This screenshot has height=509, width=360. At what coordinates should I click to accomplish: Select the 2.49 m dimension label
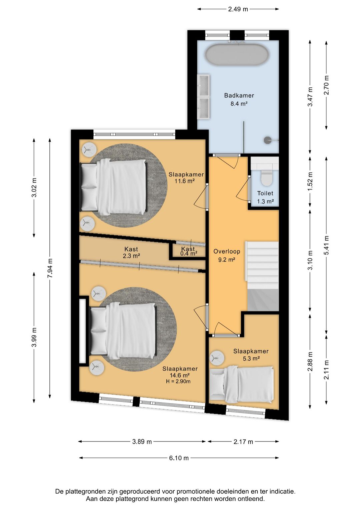pyautogui.click(x=238, y=9)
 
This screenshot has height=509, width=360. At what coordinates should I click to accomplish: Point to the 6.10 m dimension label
pyautogui.click(x=179, y=458)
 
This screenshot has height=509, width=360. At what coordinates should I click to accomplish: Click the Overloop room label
pyautogui.click(x=227, y=251)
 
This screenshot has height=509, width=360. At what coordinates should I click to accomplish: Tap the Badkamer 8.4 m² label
pyautogui.click(x=239, y=99)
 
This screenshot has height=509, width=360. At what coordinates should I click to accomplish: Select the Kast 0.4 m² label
pyautogui.click(x=189, y=251)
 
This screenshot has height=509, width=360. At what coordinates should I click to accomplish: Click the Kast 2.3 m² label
pyautogui.click(x=131, y=252)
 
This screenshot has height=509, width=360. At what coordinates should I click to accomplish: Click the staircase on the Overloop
pyautogui.click(x=262, y=276)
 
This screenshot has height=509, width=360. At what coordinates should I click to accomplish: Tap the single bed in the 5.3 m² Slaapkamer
pyautogui.click(x=242, y=385)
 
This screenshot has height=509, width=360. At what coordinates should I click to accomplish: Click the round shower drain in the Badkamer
pyautogui.click(x=268, y=140)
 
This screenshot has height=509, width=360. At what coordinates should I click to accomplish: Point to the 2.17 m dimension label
pyautogui.click(x=243, y=442)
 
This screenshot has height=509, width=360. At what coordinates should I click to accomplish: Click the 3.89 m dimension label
pyautogui.click(x=142, y=442)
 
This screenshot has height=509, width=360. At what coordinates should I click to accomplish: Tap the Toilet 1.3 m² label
pyautogui.click(x=265, y=197)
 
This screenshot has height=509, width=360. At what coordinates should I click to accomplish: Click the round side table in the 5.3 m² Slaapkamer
pyautogui.click(x=217, y=358)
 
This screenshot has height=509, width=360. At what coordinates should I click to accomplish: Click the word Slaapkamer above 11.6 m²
pyautogui.click(x=186, y=174)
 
